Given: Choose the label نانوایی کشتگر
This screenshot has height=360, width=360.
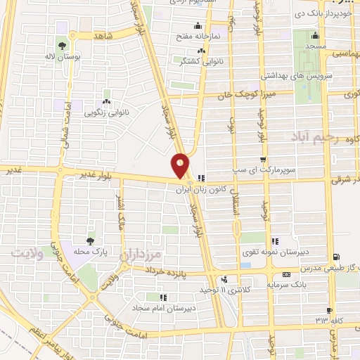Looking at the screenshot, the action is point(203,62).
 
